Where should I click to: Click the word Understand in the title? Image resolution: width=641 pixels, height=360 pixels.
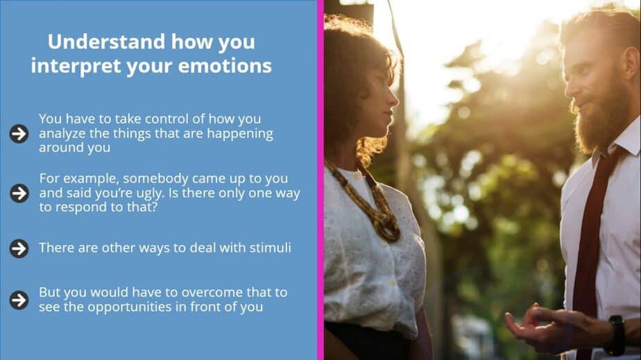[x=106, y=42]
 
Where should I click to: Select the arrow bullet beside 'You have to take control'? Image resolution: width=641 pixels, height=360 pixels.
[x=19, y=134]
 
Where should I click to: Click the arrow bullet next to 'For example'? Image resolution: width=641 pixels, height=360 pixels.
[x=19, y=193]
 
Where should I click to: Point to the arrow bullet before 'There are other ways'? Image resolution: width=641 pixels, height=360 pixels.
[x=19, y=248]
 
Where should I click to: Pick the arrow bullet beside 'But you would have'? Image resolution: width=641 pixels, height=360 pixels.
[x=19, y=300]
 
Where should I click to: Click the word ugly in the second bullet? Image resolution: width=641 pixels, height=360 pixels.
[x=153, y=194]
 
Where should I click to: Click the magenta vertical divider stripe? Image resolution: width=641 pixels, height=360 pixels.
[x=320, y=180]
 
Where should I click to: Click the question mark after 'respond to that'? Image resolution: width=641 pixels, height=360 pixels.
[x=154, y=207]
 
